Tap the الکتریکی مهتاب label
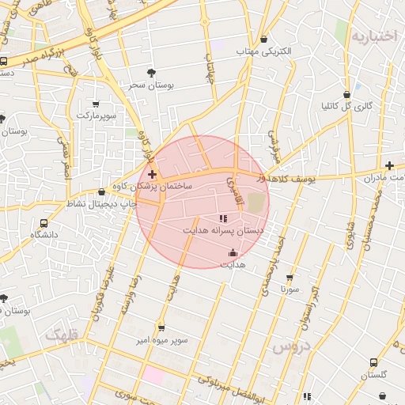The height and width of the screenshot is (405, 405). pyautogui.click(x=263, y=51)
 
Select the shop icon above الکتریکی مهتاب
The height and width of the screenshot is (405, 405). pyautogui.click(x=263, y=40)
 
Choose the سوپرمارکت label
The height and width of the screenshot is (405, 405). pyautogui.click(x=96, y=115)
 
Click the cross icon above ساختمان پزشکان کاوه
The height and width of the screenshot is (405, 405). pyautogui.click(x=152, y=173)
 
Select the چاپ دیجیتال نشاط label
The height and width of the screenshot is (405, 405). pyautogui.click(x=100, y=204)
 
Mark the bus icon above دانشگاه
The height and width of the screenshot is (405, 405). pyautogui.click(x=44, y=223)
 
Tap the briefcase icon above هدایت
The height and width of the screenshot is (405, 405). pyautogui.click(x=233, y=253)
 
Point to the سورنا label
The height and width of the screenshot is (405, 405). pyautogui.click(x=289, y=290)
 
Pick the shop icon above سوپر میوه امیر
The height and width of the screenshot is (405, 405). pyautogui.click(x=161, y=328)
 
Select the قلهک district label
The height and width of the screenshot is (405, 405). pyautogui.click(x=63, y=335)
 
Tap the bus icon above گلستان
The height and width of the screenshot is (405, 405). pyautogui.click(x=373, y=362)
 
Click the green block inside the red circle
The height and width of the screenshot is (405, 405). pyautogui.click(x=255, y=202)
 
